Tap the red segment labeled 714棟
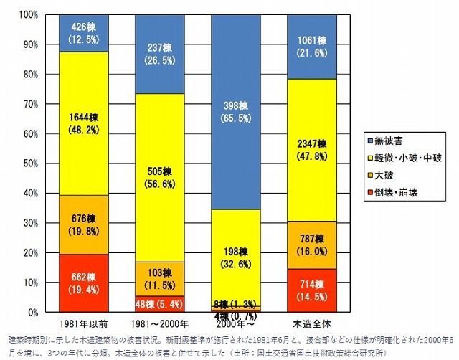pyautogui.click(x=311, y=290)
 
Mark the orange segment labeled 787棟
pyautogui.click(x=311, y=245)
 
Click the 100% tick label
pyautogui.click(x=28, y=14)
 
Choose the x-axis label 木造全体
pyautogui.click(x=311, y=324)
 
